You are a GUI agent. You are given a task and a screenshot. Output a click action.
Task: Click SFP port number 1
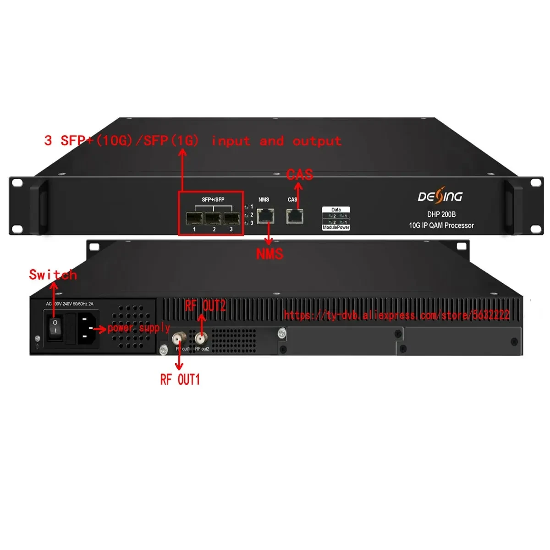coord(194,218)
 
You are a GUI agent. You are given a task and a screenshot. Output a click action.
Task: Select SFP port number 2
coord(213,218)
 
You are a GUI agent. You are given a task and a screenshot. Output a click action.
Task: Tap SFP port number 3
coord(231,218)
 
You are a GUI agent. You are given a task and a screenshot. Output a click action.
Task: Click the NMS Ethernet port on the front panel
coord(265,215)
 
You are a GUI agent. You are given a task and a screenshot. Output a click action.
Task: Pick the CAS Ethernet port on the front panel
coord(294,216)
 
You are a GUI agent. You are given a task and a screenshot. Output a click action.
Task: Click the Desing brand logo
coord(440,197)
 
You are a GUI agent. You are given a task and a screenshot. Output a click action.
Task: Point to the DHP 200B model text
coord(441,214)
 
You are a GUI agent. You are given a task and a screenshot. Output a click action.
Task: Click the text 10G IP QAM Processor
coord(441,225)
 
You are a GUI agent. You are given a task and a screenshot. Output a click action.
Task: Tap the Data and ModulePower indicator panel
coord(336,219)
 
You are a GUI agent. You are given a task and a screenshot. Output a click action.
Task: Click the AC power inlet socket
coord(88,328)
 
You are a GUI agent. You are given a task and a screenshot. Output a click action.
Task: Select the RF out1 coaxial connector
coord(178,339)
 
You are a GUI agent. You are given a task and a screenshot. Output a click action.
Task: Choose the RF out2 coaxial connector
coord(200,339)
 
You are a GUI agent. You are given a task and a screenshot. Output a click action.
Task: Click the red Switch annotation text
coord(53,275)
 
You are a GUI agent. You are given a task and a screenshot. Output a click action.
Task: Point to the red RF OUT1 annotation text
coord(180,379)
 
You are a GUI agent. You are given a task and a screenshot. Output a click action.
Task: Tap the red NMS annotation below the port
coord(269,253)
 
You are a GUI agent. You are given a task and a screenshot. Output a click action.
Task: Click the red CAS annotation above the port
coord(300,175)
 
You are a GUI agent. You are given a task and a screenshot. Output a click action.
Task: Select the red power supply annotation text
coord(139,328)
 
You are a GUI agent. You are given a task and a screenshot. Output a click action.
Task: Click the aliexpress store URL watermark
coord(396,315)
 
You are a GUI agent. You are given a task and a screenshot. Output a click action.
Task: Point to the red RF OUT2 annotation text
coord(205,306)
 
